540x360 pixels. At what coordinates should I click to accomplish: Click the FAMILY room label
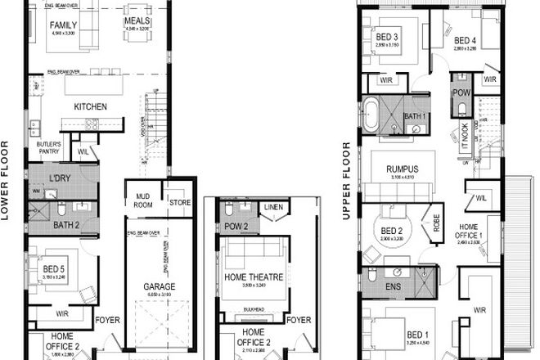point(63,25)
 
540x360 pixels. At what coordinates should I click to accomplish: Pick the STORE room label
point(179,200)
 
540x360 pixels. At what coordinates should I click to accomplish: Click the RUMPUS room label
point(402,169)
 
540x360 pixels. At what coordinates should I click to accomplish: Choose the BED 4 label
point(465,40)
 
